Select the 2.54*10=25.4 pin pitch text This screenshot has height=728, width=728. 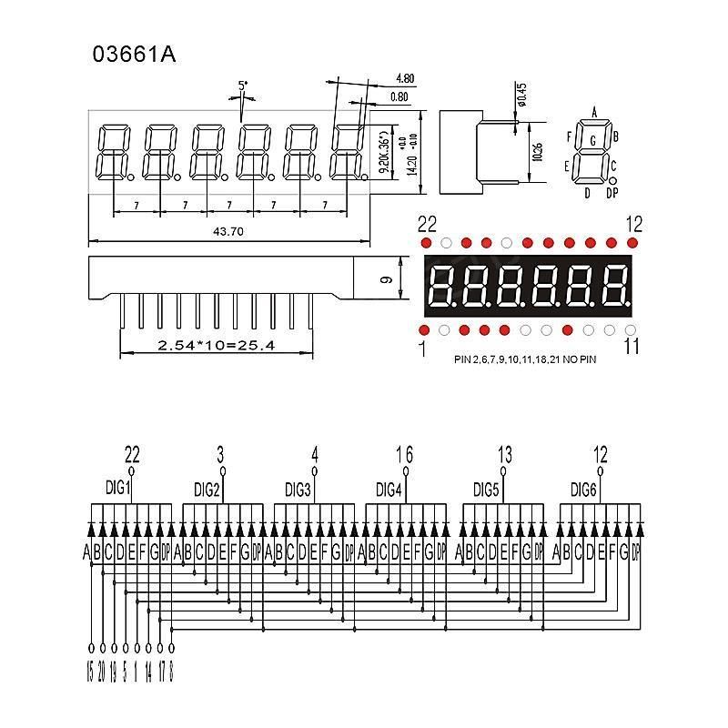(216, 346)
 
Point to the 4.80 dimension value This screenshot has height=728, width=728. (405, 79)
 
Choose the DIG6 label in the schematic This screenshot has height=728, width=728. (583, 489)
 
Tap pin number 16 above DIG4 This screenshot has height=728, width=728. (405, 454)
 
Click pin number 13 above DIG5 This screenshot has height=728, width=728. (506, 454)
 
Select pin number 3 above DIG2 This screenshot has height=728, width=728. (221, 454)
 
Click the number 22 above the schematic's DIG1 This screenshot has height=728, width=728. (132, 454)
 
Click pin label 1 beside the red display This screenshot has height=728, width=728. (423, 347)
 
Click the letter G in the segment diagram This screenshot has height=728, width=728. (593, 140)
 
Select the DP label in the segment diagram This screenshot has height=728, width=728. (612, 193)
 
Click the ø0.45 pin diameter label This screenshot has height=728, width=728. (520, 94)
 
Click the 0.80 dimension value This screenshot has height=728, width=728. (399, 96)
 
